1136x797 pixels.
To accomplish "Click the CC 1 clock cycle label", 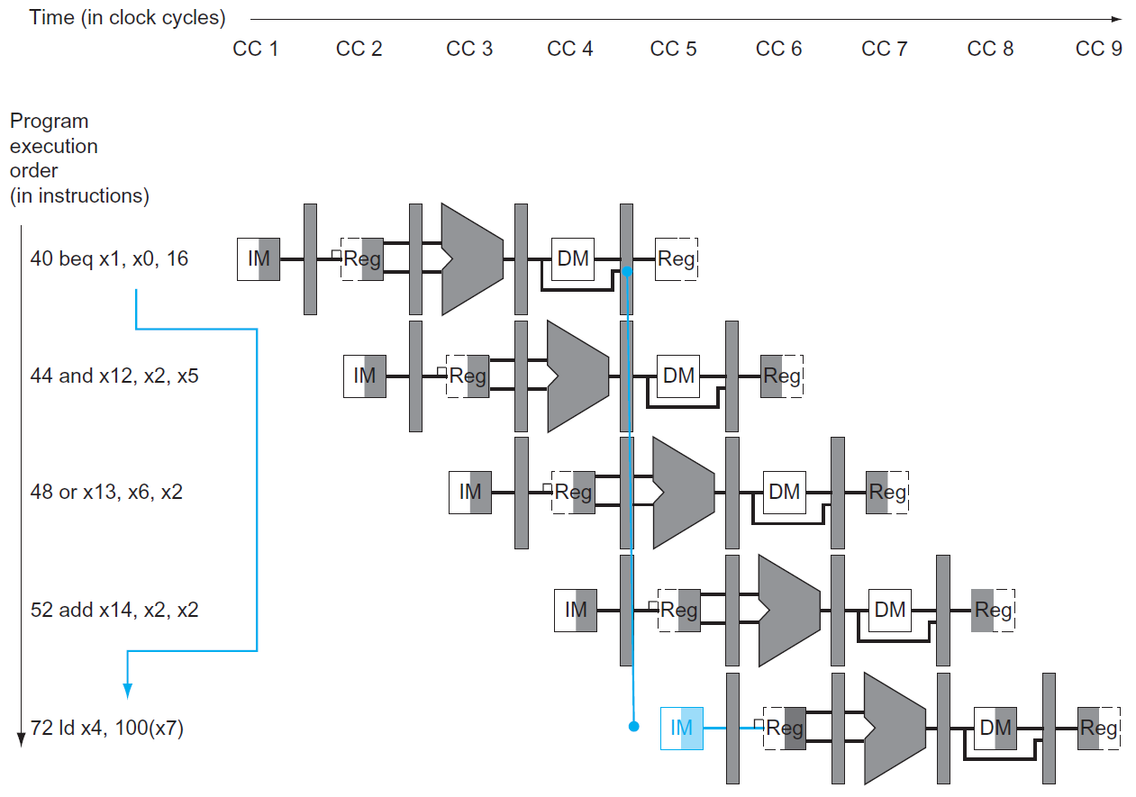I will (256, 49).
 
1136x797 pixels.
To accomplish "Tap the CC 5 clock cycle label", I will (674, 49).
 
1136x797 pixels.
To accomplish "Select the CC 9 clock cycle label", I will (1099, 49).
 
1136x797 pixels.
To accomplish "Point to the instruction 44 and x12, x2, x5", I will (114, 376).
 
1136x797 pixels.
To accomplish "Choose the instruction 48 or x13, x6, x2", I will (106, 493).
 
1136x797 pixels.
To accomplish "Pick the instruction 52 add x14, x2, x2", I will (114, 610).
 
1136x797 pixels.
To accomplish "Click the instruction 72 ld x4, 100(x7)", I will (107, 728).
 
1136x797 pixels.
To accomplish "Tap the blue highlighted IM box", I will (682, 728).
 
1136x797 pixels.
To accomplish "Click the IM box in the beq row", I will (259, 259).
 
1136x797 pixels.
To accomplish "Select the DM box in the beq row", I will (573, 259).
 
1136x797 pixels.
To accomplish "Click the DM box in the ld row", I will (995, 728).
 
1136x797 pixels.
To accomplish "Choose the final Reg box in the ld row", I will (1098, 728).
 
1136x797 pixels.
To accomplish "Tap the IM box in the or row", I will (470, 493).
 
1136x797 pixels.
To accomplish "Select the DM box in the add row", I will (890, 610).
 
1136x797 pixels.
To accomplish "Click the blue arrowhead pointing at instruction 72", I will (127, 690).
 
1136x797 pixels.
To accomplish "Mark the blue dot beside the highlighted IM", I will (633, 726).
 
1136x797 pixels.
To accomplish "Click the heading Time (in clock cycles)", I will (128, 18).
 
